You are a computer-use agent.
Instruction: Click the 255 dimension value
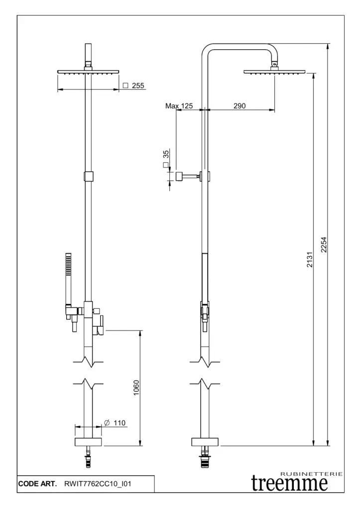tap(138, 86)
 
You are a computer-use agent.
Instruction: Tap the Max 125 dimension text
tap(179, 106)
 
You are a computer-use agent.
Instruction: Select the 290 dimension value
tap(240, 106)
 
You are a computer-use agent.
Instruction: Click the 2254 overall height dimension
tap(324, 244)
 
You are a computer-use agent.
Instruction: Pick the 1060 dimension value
tap(136, 388)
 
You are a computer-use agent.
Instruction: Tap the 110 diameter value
tap(119, 423)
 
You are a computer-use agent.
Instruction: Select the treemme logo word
tap(289, 483)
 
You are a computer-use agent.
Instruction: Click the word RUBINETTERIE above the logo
tap(312, 473)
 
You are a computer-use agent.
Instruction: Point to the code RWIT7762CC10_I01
tap(98, 484)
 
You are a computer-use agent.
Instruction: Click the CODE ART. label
tap(37, 484)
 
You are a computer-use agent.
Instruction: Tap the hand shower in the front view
tap(69, 279)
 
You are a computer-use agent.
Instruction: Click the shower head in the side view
tap(274, 72)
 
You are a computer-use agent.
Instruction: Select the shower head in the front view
tap(89, 72)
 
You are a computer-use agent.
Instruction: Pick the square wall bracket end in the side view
tap(177, 176)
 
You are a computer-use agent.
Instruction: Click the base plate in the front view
tap(88, 442)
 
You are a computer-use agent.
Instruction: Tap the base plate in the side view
tap(204, 442)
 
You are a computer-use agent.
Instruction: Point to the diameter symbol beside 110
tap(108, 423)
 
